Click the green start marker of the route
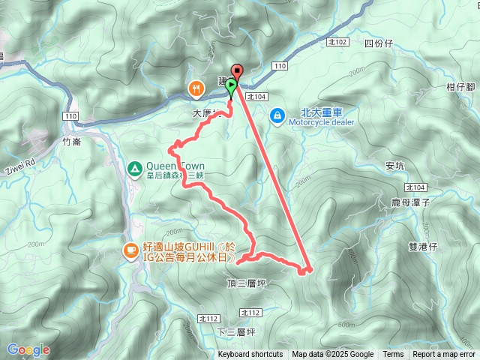click(231, 86)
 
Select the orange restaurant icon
click(196, 88)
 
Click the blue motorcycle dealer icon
click(277, 115)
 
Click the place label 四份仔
click(378, 43)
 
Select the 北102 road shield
click(338, 43)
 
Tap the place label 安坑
click(394, 166)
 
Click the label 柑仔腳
click(460, 87)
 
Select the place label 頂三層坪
click(246, 283)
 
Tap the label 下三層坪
click(236, 331)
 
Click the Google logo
click(28, 349)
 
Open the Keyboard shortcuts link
click(250, 355)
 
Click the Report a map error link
click(443, 355)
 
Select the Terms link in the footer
click(393, 355)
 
